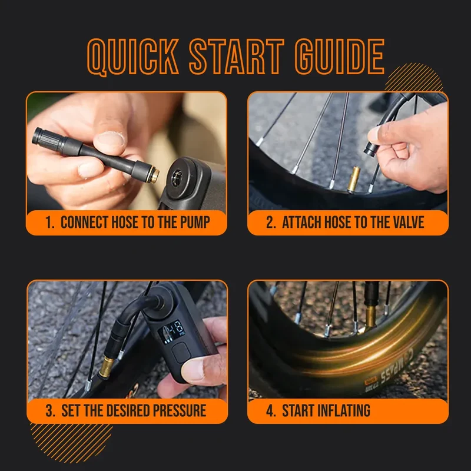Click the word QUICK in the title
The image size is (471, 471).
point(133,57)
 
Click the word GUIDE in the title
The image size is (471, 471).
point(340,57)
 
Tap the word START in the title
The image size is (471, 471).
point(237,57)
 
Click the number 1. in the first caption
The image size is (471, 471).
point(50,223)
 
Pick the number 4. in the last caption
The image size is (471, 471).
point(271,410)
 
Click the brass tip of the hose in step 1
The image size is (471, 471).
point(154,175)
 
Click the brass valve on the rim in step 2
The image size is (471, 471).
point(353,180)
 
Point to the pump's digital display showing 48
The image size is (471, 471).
point(171,331)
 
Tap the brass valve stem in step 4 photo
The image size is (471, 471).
point(370,317)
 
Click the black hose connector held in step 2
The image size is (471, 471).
point(371,149)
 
